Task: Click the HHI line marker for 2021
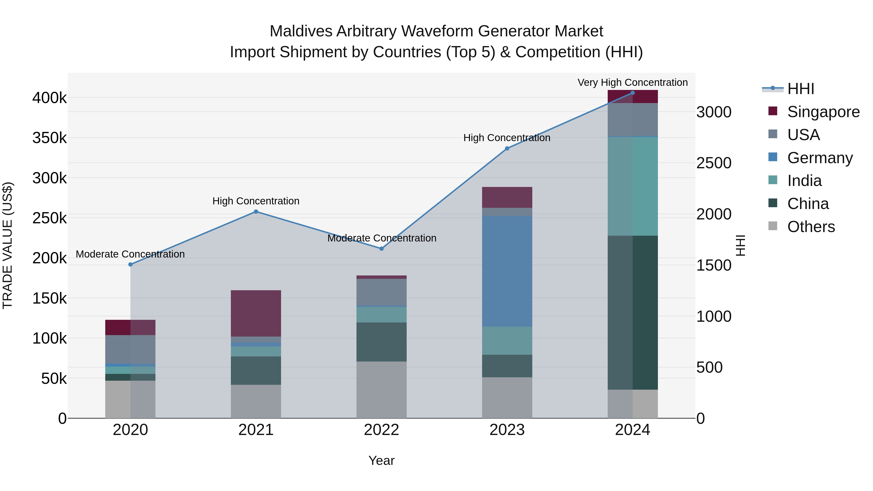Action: pos(256,212)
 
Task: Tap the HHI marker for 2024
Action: pos(632,93)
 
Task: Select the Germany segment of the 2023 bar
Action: pos(507,271)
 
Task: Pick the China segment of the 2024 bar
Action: pos(632,313)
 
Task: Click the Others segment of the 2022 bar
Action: pos(381,390)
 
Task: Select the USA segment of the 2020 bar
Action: pos(130,349)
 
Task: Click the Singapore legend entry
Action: pos(823,112)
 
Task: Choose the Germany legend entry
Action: pos(820,158)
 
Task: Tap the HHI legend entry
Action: pos(800,89)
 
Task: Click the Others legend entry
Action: pos(811,227)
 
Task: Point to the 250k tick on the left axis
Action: pos(49,218)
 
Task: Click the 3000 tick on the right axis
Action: pos(714,112)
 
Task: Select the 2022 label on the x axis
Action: pos(381,430)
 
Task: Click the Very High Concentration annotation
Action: pos(632,82)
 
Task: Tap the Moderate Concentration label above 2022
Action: pos(382,238)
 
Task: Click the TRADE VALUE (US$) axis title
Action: pos(8,245)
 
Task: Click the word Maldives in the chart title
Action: pos(301,31)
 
